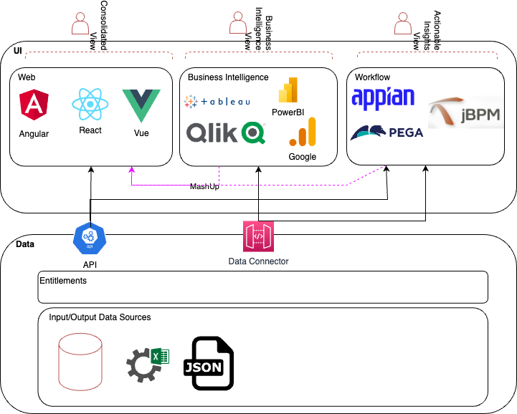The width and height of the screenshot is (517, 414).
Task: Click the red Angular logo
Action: point(34,107)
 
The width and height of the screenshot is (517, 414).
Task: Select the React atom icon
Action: point(90,105)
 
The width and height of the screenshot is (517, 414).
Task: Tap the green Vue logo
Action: point(141,105)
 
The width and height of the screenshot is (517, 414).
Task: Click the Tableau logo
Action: point(217,102)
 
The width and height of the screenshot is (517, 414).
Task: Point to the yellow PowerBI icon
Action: point(288,90)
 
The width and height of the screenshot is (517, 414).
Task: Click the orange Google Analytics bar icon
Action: point(302,133)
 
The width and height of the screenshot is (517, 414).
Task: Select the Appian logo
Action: point(383,97)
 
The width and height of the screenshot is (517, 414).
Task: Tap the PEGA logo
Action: point(387,132)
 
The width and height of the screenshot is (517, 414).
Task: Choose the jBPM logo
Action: point(464,114)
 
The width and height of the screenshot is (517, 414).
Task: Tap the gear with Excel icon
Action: point(146,362)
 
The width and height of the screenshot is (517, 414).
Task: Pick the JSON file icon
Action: point(208,364)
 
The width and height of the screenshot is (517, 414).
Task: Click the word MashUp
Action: point(204,186)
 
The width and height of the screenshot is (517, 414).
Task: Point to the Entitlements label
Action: point(63,281)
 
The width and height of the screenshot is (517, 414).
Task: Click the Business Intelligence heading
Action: point(228,77)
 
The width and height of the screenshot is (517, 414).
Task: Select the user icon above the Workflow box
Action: point(403,24)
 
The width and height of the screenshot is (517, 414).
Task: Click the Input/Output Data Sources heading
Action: point(100,317)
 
